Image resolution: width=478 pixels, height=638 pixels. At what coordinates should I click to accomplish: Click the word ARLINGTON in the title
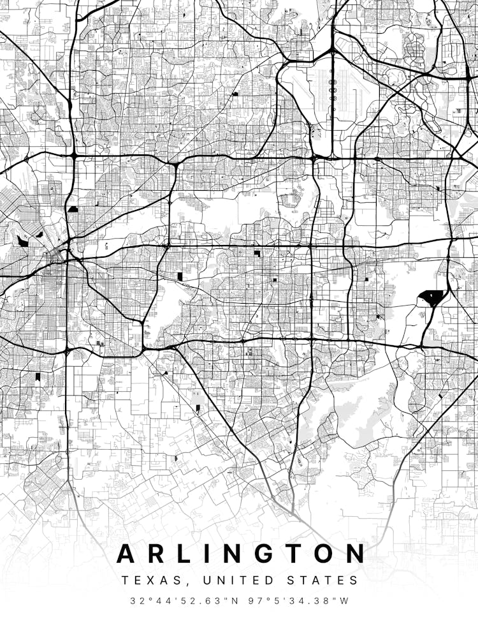(x=242, y=553)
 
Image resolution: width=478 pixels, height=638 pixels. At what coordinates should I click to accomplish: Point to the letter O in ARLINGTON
(x=324, y=553)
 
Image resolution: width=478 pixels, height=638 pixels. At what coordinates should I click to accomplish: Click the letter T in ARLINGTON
(x=294, y=553)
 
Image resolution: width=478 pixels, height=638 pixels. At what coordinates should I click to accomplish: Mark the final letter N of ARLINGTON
(x=356, y=553)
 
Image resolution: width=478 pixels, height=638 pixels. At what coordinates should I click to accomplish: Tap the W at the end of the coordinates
(x=345, y=600)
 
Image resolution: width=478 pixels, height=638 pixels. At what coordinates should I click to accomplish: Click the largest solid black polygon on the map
(x=432, y=297)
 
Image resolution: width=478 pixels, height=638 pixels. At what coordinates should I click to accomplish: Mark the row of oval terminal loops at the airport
(x=332, y=90)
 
